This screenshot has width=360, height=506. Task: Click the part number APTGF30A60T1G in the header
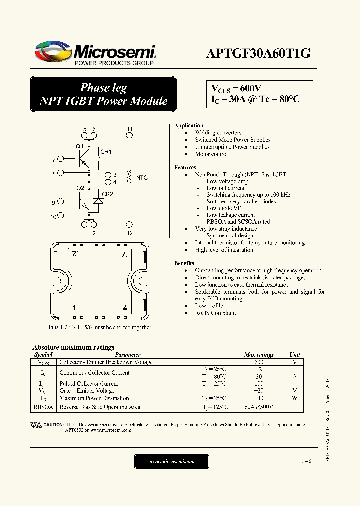coord(258,54)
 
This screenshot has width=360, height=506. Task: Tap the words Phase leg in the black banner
coord(103,88)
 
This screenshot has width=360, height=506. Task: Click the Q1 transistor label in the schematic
coord(79,146)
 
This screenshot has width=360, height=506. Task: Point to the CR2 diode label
coord(107,194)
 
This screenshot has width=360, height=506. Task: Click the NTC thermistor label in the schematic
coord(142,178)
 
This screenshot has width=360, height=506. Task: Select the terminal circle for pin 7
coord(61,159)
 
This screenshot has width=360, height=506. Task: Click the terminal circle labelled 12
coord(129,225)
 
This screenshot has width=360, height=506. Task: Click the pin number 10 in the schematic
coord(53,217)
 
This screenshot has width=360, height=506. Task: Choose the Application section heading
coord(189,126)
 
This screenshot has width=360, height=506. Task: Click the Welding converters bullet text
coord(218,133)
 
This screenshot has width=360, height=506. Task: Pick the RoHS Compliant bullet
coord(215,313)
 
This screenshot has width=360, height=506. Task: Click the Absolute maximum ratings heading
coord(73,347)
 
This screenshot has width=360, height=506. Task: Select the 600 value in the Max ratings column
coord(259,362)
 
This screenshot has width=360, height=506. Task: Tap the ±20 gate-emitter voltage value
coord(259,391)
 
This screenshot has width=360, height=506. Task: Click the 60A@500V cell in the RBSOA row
coord(259,407)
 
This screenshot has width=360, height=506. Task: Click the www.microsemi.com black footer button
coord(172,461)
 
